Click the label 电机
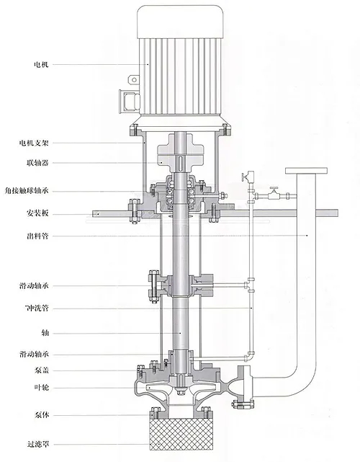tap(41, 64)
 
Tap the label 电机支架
tap(34, 143)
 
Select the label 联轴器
tap(37, 163)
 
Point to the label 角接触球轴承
tap(27, 191)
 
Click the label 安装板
tap(37, 213)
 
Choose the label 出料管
tap(37, 236)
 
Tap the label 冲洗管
tap(37, 308)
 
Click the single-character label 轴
tap(45, 333)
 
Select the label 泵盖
tap(42, 370)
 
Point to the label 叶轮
tap(42, 388)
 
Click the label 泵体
tap(42, 415)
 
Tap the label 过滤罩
tap(38, 444)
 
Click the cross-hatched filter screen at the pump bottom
tap(181, 434)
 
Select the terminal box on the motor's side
tap(130, 101)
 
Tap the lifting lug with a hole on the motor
tap(133, 79)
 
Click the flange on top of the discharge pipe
tap(306, 171)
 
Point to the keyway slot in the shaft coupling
tap(180, 163)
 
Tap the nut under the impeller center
tap(180, 392)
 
